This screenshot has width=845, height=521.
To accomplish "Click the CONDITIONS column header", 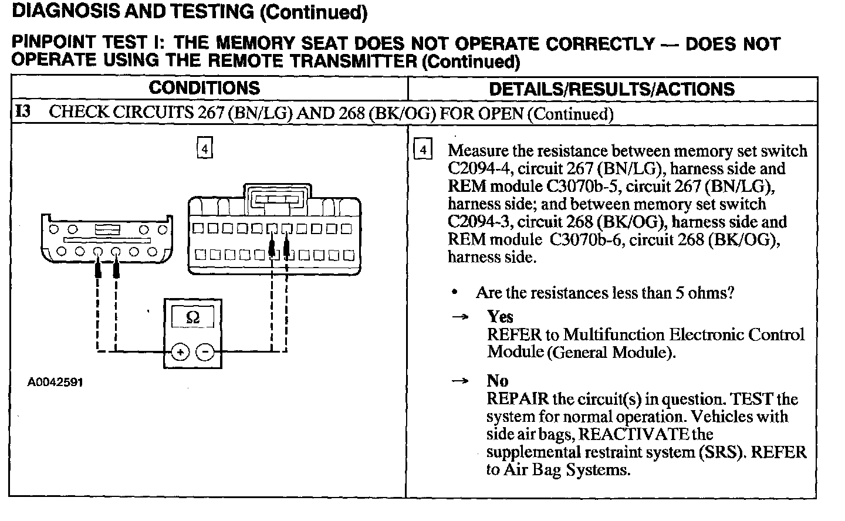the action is (204, 88).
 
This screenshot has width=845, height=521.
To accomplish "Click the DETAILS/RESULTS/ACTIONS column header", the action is (611, 89).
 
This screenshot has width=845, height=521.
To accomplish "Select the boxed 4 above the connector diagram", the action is (204, 148).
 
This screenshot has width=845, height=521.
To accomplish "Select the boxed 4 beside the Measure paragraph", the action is (422, 150).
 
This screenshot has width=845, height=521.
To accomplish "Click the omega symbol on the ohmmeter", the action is (192, 317).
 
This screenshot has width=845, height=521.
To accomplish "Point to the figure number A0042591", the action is (55, 382).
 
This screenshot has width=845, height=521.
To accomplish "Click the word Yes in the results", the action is (500, 317).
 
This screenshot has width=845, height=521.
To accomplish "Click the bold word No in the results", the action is (497, 381).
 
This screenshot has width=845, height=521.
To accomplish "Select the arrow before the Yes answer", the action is (461, 317).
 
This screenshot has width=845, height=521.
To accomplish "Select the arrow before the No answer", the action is (461, 381).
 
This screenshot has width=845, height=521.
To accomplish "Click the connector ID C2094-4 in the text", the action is (475, 169).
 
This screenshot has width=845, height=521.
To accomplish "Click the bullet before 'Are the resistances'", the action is (454, 292).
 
